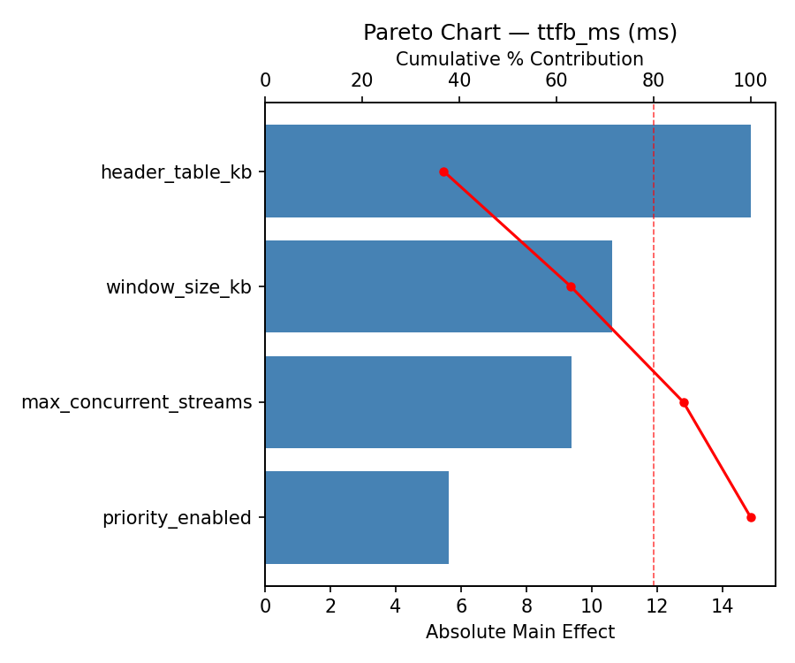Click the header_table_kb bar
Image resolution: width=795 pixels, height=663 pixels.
pyautogui.click(x=508, y=171)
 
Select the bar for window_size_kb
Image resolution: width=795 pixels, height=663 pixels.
pyautogui.click(x=438, y=286)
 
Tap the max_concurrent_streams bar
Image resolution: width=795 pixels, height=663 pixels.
pyautogui.click(x=418, y=402)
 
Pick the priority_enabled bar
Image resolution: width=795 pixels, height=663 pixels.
pyautogui.click(x=357, y=517)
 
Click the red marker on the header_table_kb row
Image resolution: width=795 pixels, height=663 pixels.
pyautogui.click(x=443, y=171)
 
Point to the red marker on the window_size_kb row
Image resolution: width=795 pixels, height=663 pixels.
pyautogui.click(x=571, y=286)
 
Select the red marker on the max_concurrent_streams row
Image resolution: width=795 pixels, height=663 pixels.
pyautogui.click(x=684, y=402)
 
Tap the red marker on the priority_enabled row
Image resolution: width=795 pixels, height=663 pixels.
pyautogui.click(x=751, y=517)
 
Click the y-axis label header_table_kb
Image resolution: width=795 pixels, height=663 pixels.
pyautogui.click(x=176, y=172)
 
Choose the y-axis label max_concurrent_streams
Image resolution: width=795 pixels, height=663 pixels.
pyautogui.click(x=136, y=403)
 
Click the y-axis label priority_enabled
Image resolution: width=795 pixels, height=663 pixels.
pyautogui.click(x=177, y=518)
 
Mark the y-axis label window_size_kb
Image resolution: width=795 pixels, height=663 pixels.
pyautogui.click(x=178, y=287)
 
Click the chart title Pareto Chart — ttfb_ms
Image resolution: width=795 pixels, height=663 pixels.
pyautogui.click(x=520, y=33)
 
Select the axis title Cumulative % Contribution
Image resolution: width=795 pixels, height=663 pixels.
pyautogui.click(x=519, y=59)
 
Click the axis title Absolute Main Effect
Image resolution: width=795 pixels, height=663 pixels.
pyautogui.click(x=519, y=632)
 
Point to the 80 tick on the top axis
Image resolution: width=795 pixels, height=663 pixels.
pyautogui.click(x=654, y=80)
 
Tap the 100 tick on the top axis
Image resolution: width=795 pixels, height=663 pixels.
pyautogui.click(x=751, y=80)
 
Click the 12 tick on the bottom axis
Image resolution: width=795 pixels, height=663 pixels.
pyautogui.click(x=657, y=606)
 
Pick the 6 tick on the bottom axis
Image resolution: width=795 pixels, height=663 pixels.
pyautogui.click(x=461, y=606)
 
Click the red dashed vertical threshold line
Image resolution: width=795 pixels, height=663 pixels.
pyautogui.click(x=654, y=495)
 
